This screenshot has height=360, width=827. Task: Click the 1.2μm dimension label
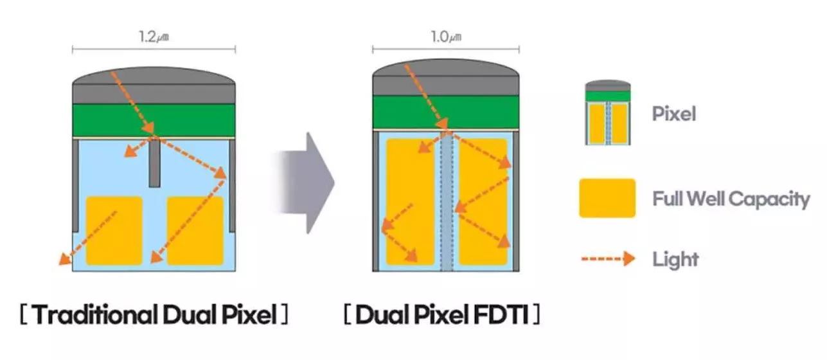point(154,37)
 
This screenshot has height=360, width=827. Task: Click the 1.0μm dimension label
point(446,37)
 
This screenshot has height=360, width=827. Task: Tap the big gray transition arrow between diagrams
point(305,183)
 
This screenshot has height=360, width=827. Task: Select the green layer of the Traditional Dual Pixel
point(154,120)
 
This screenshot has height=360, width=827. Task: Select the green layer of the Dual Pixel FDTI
point(446,113)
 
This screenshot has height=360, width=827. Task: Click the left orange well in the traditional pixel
point(114,231)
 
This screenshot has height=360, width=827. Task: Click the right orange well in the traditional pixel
point(195,231)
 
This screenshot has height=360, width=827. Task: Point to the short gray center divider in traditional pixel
point(155,163)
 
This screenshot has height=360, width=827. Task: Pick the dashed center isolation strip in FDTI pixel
point(447,202)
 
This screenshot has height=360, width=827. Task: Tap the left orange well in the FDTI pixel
point(410,202)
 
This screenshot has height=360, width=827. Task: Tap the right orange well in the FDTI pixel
point(484,202)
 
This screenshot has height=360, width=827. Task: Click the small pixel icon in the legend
point(608,113)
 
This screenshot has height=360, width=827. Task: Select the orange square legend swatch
point(607,198)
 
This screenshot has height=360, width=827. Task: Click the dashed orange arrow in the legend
point(609,258)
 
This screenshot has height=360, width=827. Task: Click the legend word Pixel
point(674,113)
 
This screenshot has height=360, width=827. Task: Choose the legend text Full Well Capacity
point(731,199)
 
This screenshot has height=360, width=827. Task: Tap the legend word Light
point(675,259)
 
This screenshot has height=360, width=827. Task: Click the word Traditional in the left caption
point(96,314)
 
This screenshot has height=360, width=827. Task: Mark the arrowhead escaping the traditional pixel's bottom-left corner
point(66,259)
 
